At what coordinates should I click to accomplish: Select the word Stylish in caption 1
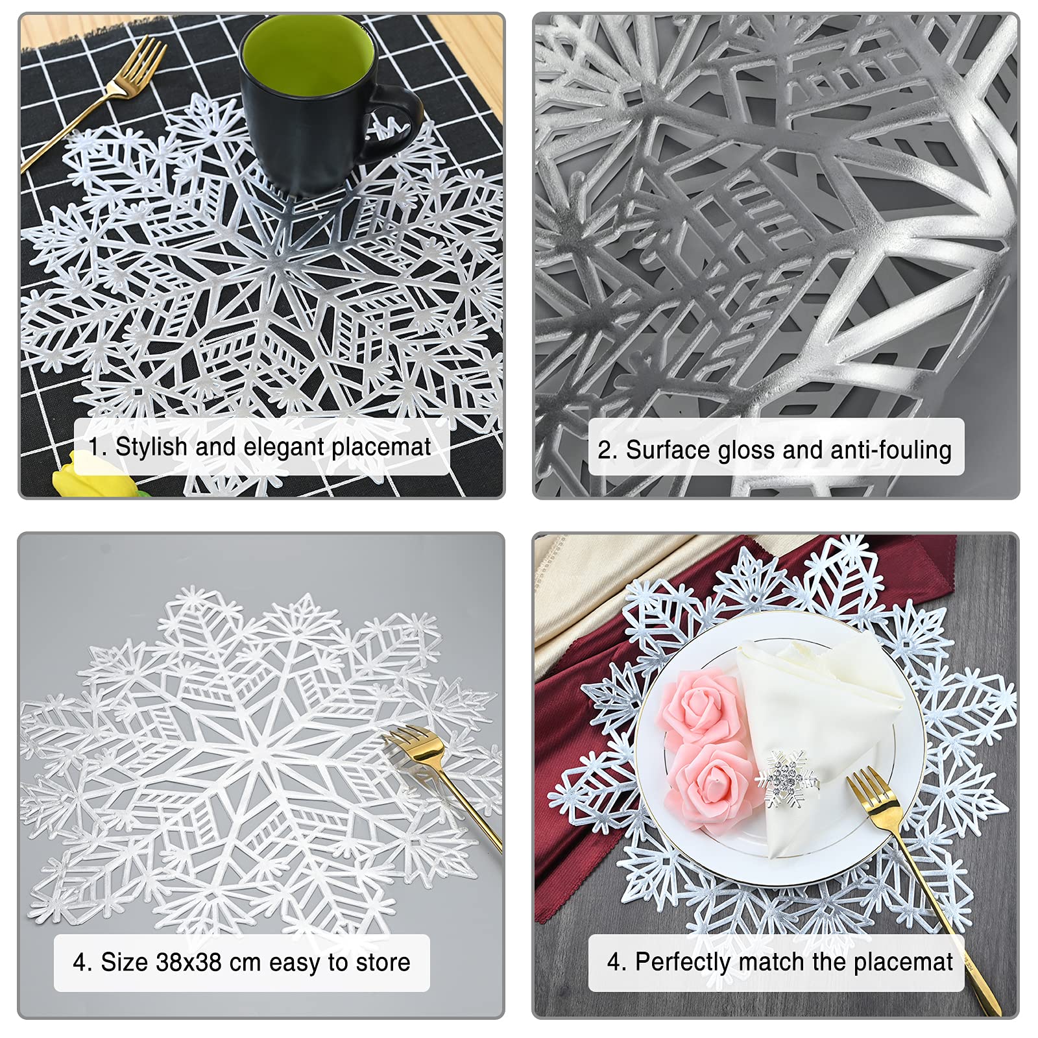click(151, 447)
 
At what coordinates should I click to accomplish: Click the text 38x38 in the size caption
click(189, 962)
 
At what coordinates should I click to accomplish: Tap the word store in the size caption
click(382, 962)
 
